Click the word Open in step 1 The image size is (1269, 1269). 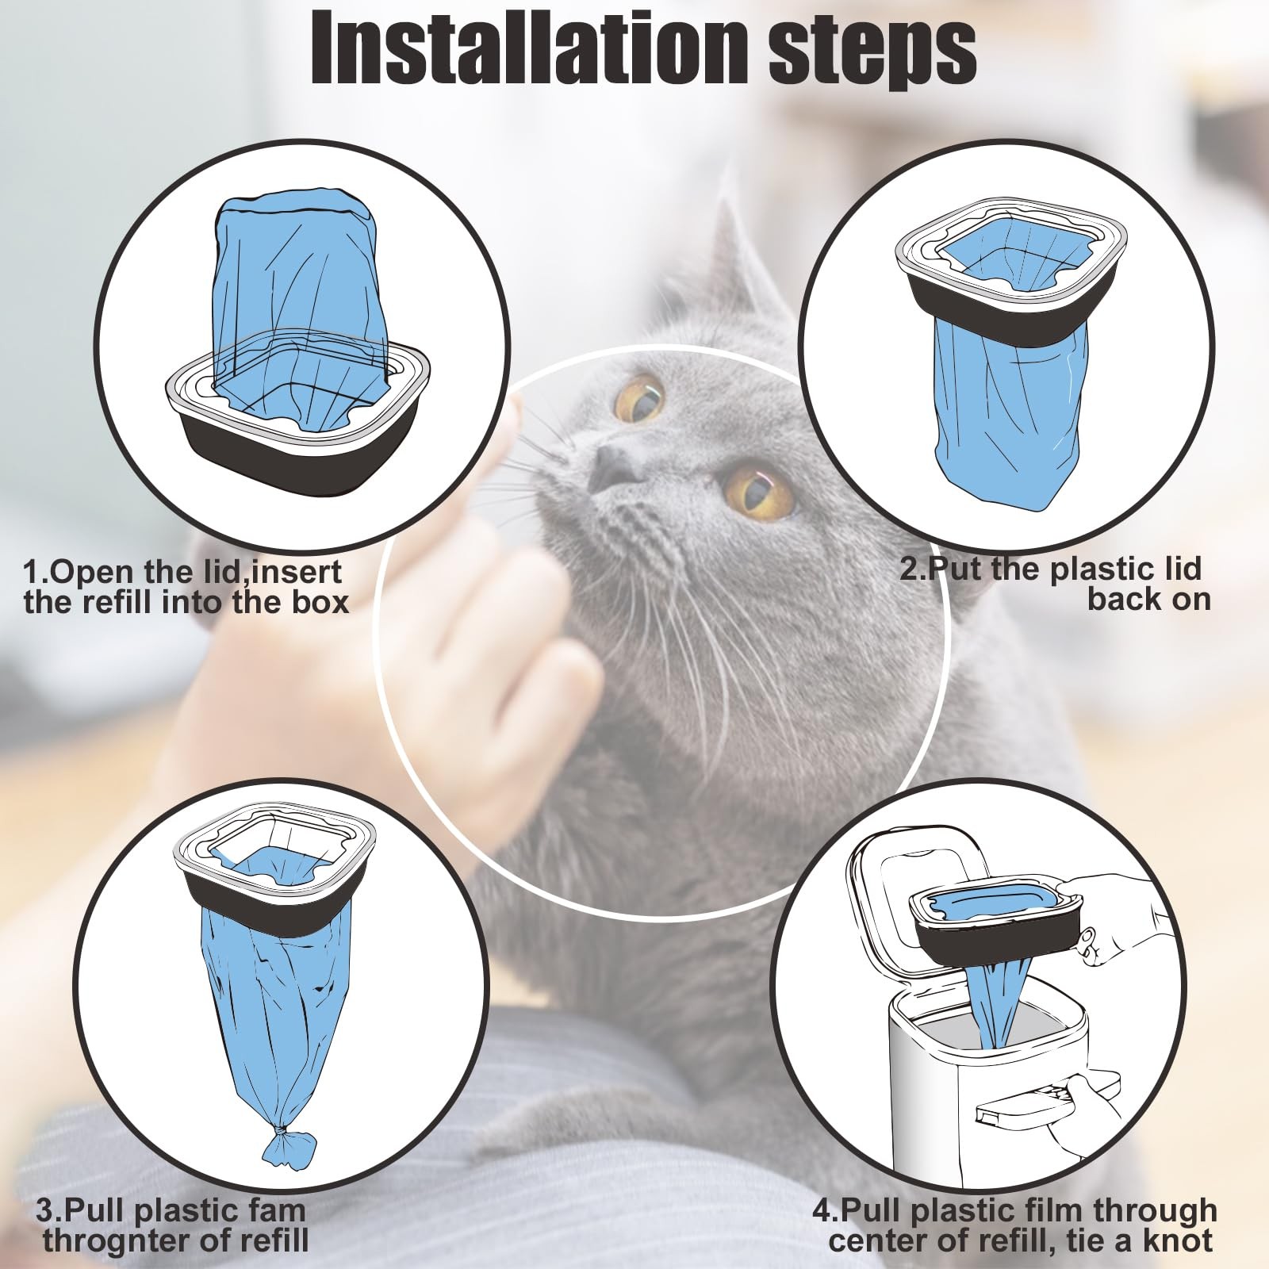(95, 573)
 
